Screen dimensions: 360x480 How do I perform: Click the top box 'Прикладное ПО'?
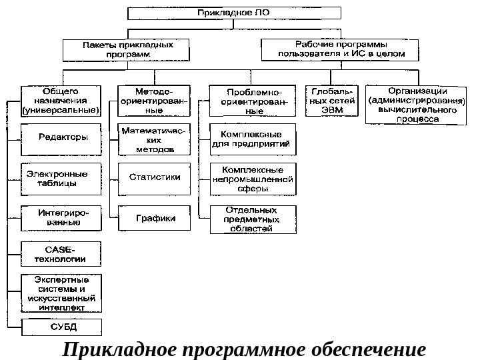click(233, 13)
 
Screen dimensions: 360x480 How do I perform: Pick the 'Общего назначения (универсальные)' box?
click(61, 99)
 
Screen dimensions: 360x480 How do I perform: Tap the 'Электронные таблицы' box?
click(61, 179)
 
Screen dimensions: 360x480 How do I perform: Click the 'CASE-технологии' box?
click(62, 254)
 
